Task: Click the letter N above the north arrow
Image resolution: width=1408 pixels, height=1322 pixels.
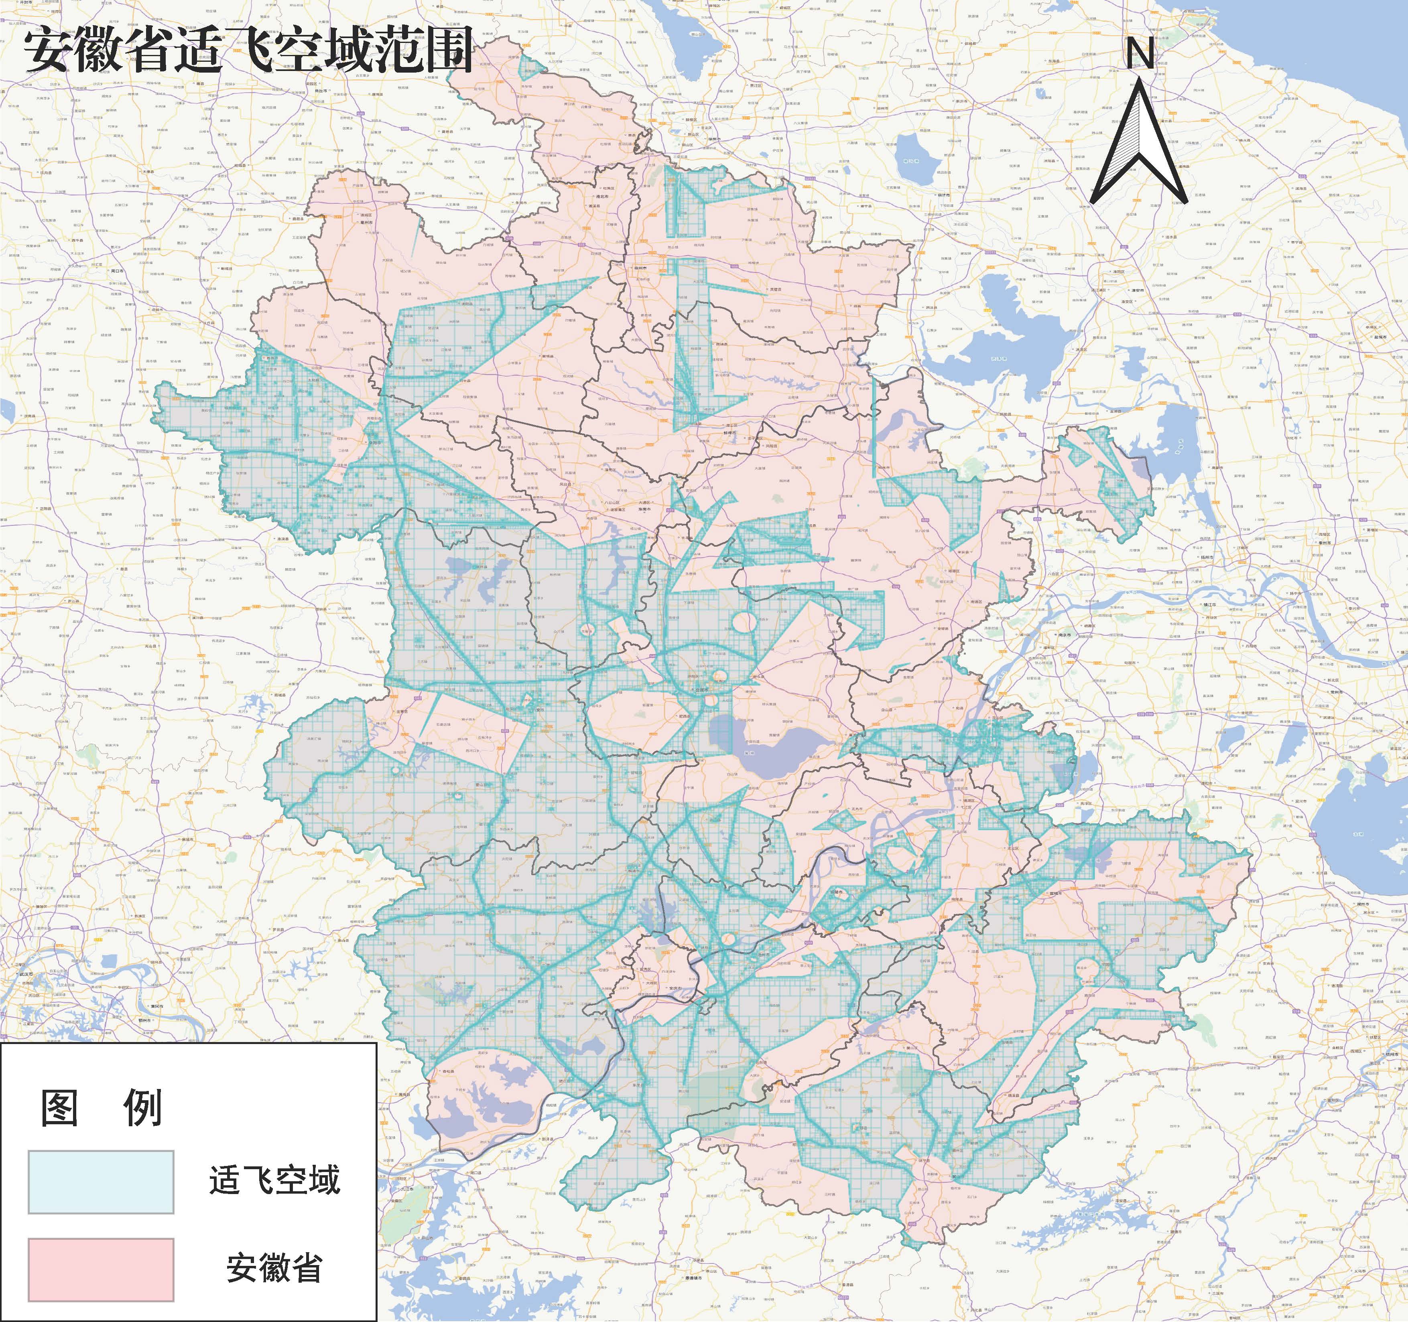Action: pyautogui.click(x=1140, y=53)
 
